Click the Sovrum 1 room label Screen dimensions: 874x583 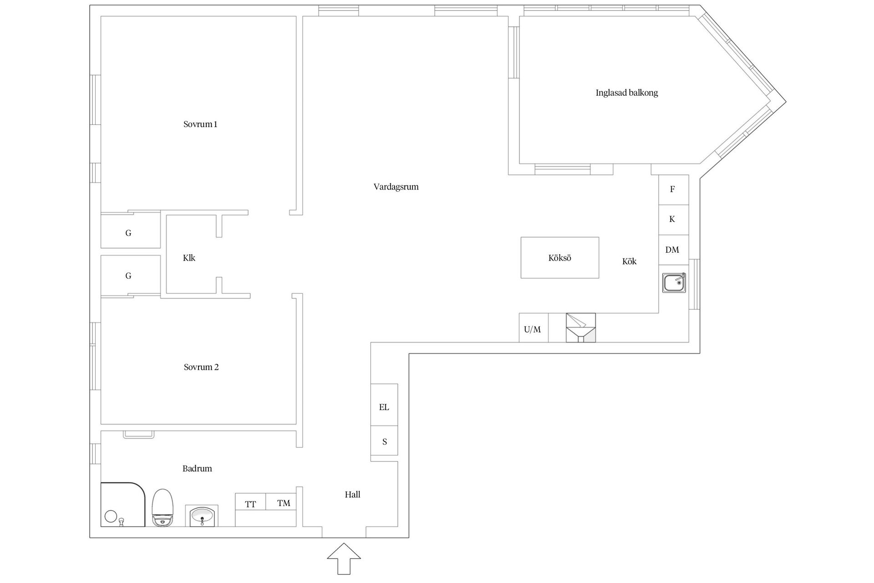pyautogui.click(x=200, y=124)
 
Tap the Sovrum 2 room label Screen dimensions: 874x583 pyautogui.click(x=201, y=367)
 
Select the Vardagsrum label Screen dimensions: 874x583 pyautogui.click(x=396, y=187)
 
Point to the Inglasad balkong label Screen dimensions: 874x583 pyautogui.click(x=627, y=93)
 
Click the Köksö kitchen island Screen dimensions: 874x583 pyautogui.click(x=560, y=258)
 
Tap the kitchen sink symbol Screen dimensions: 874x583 pyautogui.click(x=674, y=283)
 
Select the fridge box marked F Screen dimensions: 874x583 pyautogui.click(x=674, y=189)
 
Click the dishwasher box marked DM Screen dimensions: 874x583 pyautogui.click(x=674, y=250)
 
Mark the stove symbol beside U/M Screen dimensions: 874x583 pyautogui.click(x=580, y=327)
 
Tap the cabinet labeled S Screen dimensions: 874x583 pyautogui.click(x=384, y=440)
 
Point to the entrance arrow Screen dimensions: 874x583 pyautogui.click(x=344, y=558)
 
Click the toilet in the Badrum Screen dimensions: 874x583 pyautogui.click(x=163, y=508)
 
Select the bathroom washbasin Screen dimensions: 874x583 pyautogui.click(x=202, y=516)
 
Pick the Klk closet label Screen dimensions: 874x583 pyautogui.click(x=189, y=258)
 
